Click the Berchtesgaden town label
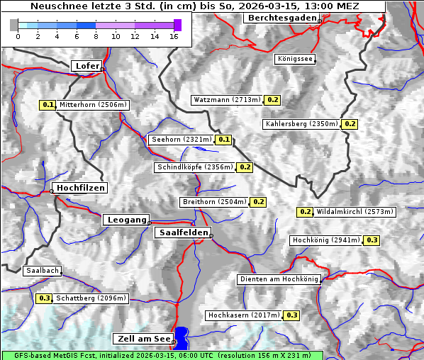(281, 18)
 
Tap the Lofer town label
(87, 66)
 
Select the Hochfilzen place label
(80, 188)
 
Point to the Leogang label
(126, 220)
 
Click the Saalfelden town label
(183, 232)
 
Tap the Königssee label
(294, 59)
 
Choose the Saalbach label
(42, 271)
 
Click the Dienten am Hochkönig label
(279, 280)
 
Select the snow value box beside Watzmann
(273, 100)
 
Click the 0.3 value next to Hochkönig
(372, 240)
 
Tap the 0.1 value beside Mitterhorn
(48, 105)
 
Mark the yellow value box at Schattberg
(45, 298)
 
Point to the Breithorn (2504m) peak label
(214, 202)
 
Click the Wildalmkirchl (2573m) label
(355, 211)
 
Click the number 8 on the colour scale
(96, 36)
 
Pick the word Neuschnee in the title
(59, 6)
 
